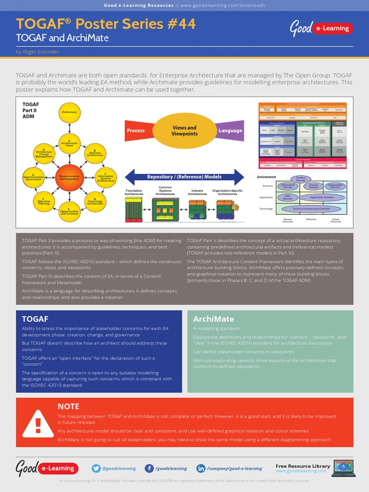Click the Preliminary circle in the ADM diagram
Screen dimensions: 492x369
pyautogui.click(x=70, y=112)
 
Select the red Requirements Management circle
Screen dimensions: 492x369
pyautogui.click(x=70, y=177)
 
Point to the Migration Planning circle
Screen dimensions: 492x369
pyautogui.click(x=44, y=202)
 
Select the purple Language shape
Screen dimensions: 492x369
pyautogui.click(x=231, y=131)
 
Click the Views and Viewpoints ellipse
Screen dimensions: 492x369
pyautogui.click(x=184, y=131)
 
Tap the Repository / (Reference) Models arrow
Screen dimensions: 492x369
pyautogui.click(x=184, y=177)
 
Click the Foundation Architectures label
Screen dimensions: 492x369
pyautogui.click(x=134, y=192)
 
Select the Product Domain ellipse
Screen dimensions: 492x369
pyautogui.click(x=301, y=179)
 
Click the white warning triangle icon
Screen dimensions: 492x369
pyautogui.click(x=38, y=423)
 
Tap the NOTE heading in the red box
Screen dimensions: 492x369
pyautogui.click(x=68, y=406)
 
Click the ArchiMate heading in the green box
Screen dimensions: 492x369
pyautogui.click(x=213, y=319)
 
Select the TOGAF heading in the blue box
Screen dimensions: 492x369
pyautogui.click(x=35, y=319)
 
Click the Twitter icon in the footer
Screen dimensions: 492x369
pyautogui.click(x=97, y=468)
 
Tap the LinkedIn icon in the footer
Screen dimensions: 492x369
pyautogui.click(x=201, y=468)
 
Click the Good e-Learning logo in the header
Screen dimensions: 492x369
pyautogui.click(x=321, y=28)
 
